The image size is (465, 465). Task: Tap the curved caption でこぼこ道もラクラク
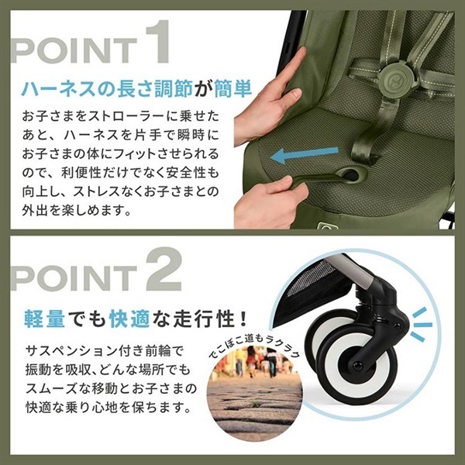[x=252, y=342]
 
